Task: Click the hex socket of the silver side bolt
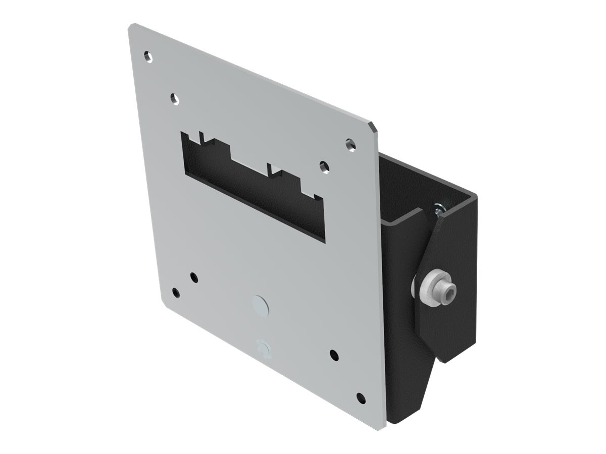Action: click(447, 289)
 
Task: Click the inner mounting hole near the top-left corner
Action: click(175, 97)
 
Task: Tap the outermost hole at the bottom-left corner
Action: click(175, 293)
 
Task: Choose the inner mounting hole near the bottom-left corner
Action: click(193, 276)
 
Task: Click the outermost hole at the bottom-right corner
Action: click(361, 398)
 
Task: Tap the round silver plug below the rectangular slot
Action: click(261, 305)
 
